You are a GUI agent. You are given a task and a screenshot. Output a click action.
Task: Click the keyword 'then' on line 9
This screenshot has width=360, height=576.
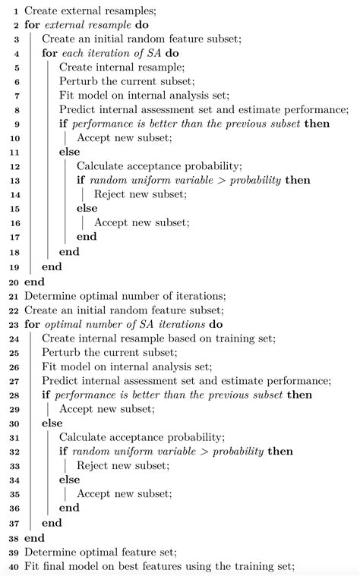[x=317, y=124]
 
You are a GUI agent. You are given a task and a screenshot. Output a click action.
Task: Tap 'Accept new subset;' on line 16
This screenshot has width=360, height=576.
[x=141, y=225]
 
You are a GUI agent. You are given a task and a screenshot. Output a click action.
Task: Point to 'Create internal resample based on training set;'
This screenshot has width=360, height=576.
[x=162, y=338]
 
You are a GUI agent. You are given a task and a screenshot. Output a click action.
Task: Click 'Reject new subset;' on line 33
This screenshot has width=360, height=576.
[x=122, y=466]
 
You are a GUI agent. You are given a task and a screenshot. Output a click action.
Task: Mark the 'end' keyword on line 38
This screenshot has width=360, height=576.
[x=34, y=537]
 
